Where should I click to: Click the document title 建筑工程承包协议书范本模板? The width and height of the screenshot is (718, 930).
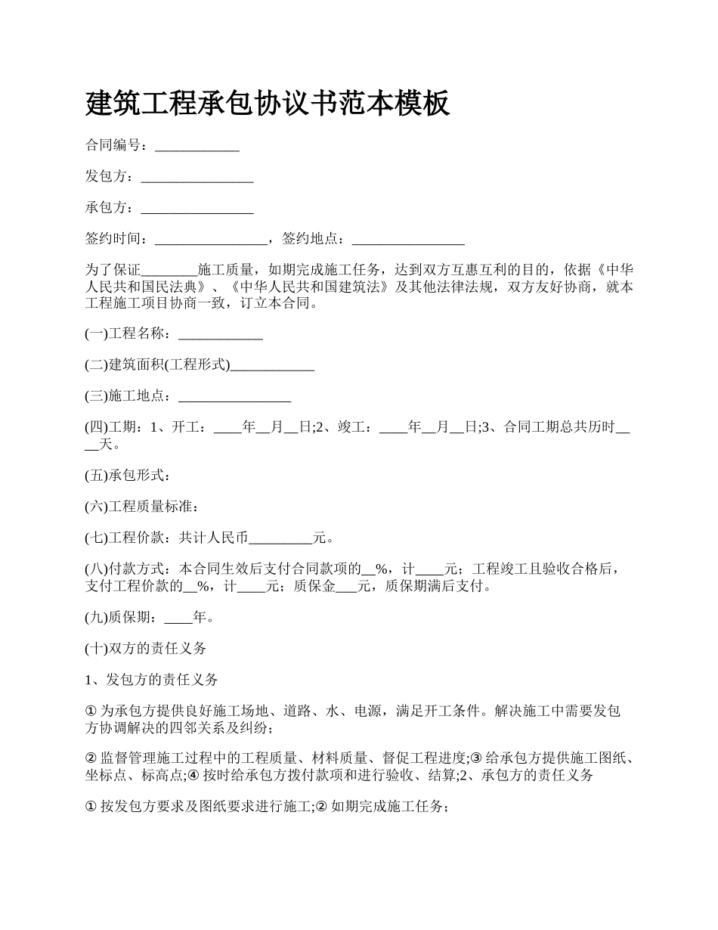268,103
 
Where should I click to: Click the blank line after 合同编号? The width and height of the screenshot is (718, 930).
197,147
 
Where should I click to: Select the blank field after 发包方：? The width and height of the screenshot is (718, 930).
197,178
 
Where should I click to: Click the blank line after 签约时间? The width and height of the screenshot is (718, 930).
211,240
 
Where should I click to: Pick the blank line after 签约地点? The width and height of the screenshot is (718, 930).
408,240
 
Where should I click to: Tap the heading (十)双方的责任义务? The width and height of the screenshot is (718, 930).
146,649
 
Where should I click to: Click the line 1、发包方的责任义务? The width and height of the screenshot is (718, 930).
152,680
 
